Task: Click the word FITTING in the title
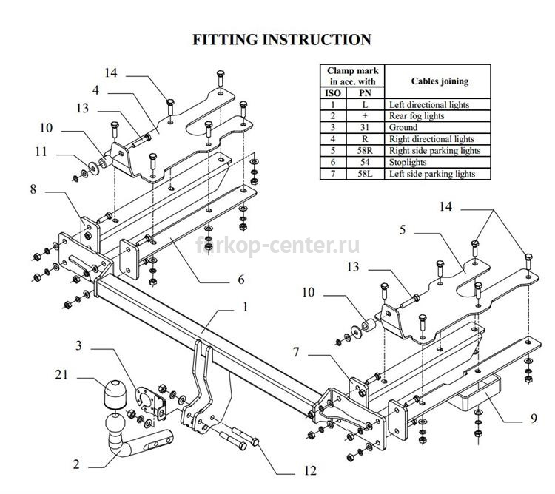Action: point(225,40)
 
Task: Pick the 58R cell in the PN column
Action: point(365,151)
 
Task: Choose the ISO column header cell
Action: point(333,93)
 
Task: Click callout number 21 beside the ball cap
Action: point(61,374)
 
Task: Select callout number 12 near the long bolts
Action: point(310,470)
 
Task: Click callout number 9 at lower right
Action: point(534,419)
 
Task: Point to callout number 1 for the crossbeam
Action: point(245,307)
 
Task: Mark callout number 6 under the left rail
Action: point(241,280)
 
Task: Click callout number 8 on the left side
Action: point(33,189)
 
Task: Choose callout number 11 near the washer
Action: point(41,152)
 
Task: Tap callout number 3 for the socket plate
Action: point(78,345)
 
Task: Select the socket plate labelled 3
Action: point(151,403)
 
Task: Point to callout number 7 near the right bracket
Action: point(296,352)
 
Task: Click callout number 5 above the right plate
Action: point(403,230)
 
